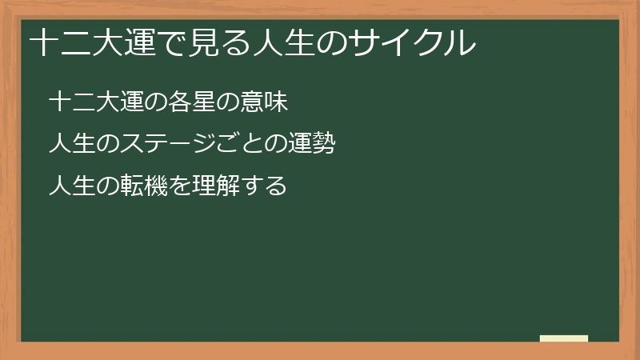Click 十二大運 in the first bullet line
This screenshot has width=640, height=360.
[95, 102]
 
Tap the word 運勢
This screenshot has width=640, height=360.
[311, 145]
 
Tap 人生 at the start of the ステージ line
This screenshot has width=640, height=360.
[72, 145]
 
